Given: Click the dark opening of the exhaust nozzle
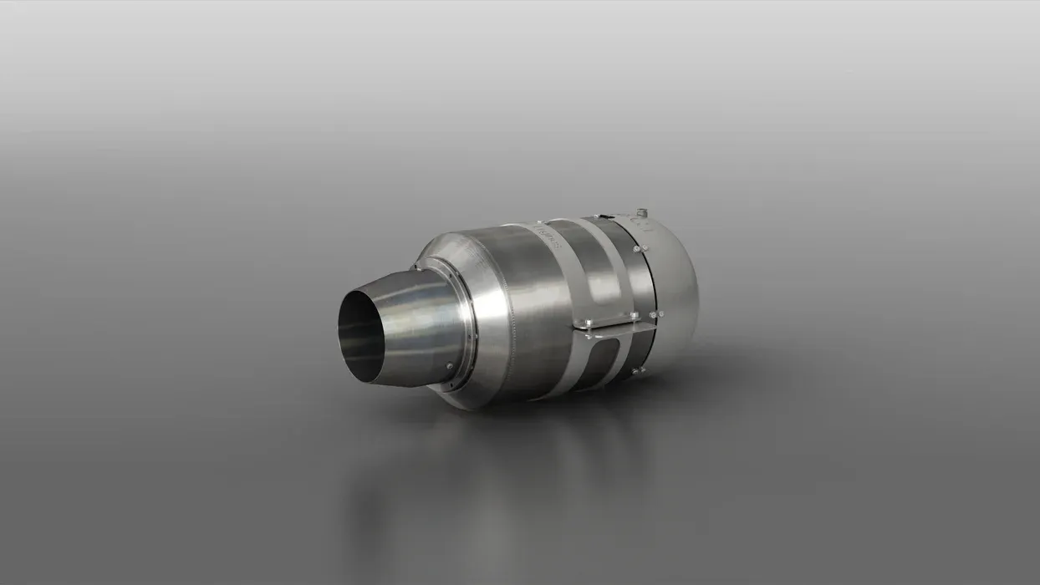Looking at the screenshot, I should click(x=360, y=338).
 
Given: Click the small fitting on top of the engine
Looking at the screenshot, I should click(x=640, y=212).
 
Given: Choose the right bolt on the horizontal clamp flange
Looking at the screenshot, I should click(x=634, y=315).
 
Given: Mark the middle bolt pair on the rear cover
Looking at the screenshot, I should click(x=655, y=314).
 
